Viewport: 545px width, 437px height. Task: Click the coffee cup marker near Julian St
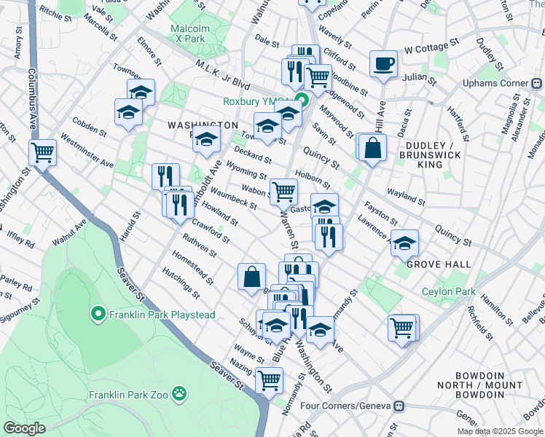[x=383, y=64]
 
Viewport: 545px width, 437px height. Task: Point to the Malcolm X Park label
[x=190, y=34]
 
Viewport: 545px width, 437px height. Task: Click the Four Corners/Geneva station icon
[x=399, y=405]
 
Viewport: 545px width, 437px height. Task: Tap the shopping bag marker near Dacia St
[x=372, y=147]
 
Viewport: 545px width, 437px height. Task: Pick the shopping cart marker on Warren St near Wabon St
[x=283, y=192]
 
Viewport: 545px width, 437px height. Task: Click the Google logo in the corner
[x=25, y=428]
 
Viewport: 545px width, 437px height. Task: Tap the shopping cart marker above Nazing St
[x=270, y=379]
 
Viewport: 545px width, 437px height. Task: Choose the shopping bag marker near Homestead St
[x=251, y=276]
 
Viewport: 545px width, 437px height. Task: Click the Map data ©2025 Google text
[x=499, y=430]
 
